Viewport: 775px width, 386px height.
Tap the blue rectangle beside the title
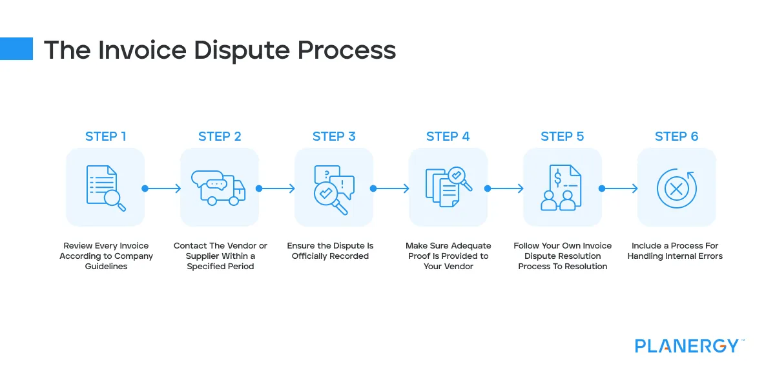point(16,48)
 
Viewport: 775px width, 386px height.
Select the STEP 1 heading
point(106,136)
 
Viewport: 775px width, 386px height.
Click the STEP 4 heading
point(448,136)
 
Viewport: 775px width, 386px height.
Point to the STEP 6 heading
point(676,136)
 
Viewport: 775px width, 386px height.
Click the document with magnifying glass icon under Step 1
point(105,188)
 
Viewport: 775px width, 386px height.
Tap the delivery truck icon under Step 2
point(219,188)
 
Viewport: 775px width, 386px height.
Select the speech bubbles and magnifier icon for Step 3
point(333,189)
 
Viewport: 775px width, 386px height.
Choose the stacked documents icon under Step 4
point(448,188)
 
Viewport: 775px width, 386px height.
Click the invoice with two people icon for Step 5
point(562,188)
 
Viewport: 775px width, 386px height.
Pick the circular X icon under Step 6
point(676,188)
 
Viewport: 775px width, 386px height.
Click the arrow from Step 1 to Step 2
point(162,188)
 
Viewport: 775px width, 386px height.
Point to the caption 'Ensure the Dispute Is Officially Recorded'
point(330,251)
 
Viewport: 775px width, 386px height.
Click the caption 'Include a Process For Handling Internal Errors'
point(675,251)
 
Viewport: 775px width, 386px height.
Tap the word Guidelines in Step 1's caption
point(106,266)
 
